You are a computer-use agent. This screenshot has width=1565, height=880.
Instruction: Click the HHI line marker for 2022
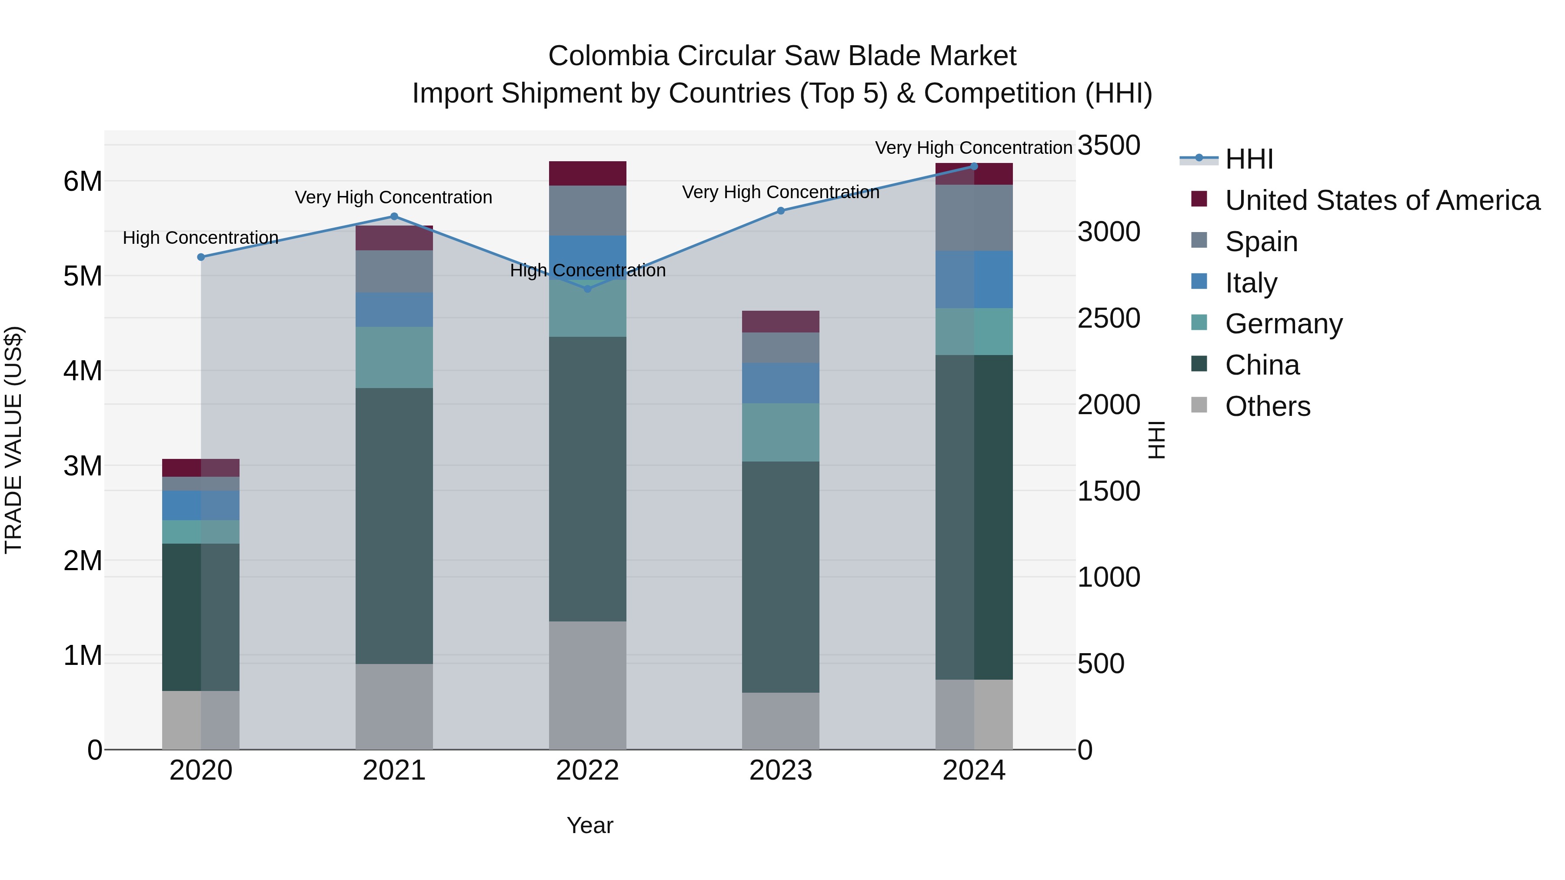click(x=587, y=289)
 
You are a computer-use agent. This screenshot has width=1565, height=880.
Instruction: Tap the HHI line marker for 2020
click(x=201, y=257)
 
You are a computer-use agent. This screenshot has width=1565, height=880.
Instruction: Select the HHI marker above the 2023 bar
click(x=781, y=211)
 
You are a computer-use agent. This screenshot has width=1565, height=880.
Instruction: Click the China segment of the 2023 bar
click(x=781, y=577)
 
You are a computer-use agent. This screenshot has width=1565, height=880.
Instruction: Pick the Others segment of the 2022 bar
click(x=587, y=685)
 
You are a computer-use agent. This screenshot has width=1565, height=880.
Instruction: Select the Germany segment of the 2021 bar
click(x=394, y=357)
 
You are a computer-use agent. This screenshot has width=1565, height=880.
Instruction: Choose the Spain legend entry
click(x=1261, y=242)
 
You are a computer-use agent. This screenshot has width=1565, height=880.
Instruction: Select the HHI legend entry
click(x=1249, y=159)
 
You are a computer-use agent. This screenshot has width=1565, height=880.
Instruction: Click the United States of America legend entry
click(x=1382, y=200)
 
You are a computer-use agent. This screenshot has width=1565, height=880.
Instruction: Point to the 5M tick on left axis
click(x=83, y=276)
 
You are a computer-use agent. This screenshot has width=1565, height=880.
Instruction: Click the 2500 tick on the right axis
click(x=1109, y=319)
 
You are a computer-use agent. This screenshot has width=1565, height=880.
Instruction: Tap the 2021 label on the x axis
click(x=394, y=770)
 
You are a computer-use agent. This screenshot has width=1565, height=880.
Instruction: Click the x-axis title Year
click(x=590, y=825)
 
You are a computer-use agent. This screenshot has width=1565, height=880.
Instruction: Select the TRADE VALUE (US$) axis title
click(x=13, y=440)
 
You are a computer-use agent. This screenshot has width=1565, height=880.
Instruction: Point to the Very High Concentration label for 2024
click(x=973, y=148)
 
